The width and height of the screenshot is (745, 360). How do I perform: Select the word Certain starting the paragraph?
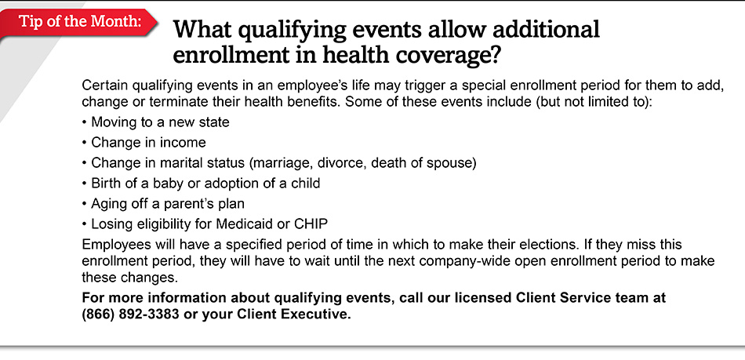point(106,84)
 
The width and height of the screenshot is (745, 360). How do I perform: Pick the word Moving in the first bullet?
point(114,122)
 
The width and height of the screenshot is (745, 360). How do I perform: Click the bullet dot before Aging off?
point(85,204)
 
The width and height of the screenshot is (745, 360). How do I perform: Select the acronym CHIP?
point(311,224)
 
